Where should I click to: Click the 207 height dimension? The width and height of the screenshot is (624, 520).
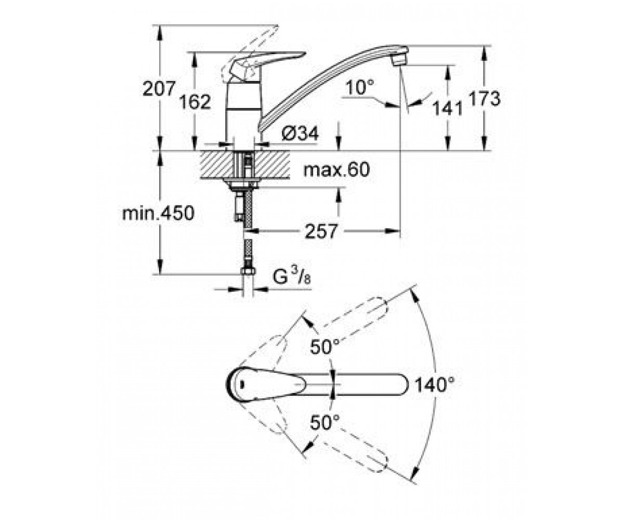coord(159,89)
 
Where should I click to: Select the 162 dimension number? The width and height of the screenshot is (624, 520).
coord(195,101)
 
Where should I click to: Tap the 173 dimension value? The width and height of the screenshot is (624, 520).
coord(484,99)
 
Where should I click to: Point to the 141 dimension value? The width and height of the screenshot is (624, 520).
coord(448,108)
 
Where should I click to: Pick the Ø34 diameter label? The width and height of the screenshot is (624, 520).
coord(300,134)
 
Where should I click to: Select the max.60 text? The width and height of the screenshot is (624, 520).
coord(336,170)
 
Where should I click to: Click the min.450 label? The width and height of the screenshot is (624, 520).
coord(159,213)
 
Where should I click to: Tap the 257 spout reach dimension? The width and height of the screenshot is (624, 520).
coord(321,231)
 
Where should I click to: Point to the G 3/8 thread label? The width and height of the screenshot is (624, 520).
coord(292,277)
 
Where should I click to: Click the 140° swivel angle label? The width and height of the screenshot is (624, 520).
coord(435,385)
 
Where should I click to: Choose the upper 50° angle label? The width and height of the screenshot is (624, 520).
coord(325,347)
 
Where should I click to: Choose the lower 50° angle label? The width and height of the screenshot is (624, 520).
coord(325,422)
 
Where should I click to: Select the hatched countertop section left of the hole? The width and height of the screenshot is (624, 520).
coord(217,165)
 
